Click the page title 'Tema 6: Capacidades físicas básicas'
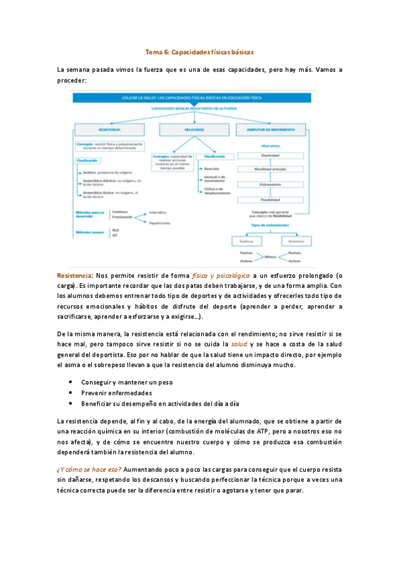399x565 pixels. point(199,51)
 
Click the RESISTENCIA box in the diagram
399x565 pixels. point(109,129)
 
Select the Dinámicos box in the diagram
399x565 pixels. point(297,240)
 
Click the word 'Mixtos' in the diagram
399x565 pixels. point(270,257)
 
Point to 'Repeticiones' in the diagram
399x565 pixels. point(160,223)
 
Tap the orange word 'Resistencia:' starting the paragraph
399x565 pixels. point(75,275)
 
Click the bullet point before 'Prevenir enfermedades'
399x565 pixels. point(71,393)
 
